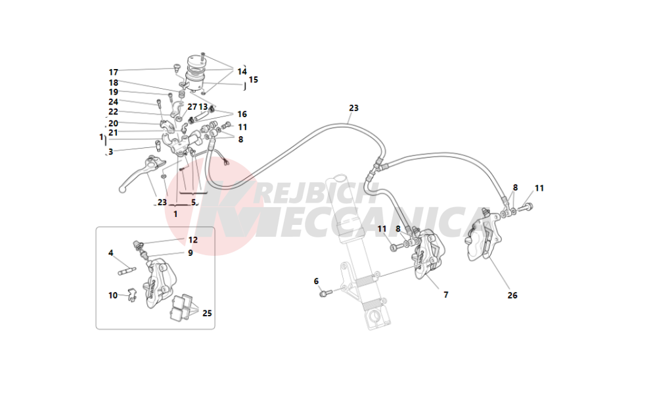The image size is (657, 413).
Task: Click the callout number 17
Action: pyautogui.click(x=114, y=72)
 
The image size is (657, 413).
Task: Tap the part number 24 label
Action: pyautogui.click(x=114, y=102)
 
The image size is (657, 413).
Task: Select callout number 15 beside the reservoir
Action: pyautogui.click(x=254, y=80)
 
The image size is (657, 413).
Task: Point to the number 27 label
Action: pyautogui.click(x=192, y=107)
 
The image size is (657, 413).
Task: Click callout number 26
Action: pyautogui.click(x=512, y=295)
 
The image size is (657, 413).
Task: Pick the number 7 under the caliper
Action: pyautogui.click(x=445, y=295)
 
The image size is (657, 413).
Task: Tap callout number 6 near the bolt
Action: pyautogui.click(x=316, y=281)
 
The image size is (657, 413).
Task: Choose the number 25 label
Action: pyautogui.click(x=207, y=314)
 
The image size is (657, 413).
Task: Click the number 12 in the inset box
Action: pyautogui.click(x=193, y=240)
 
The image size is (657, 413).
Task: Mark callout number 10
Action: pyautogui.click(x=113, y=295)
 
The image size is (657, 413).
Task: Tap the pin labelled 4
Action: pyautogui.click(x=127, y=269)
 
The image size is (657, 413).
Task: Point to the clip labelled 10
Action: pyautogui.click(x=131, y=295)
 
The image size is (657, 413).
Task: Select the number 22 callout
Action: pyautogui.click(x=114, y=112)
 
